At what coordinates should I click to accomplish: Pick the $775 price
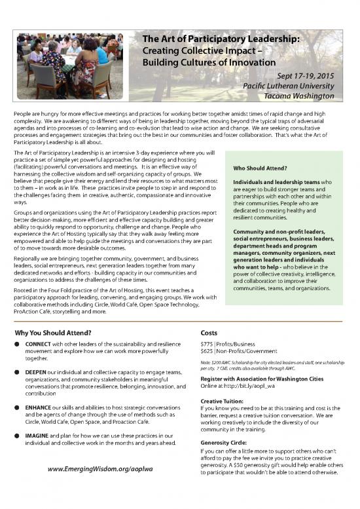coord(209,344)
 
